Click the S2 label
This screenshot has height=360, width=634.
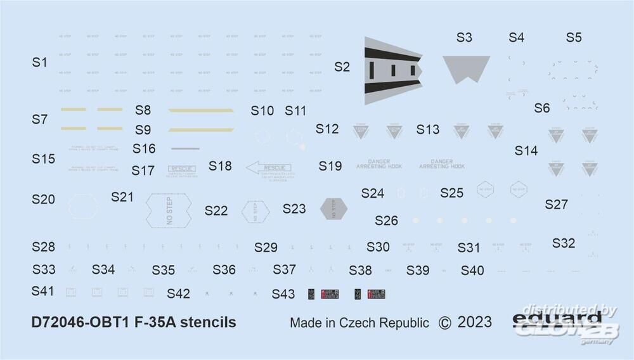(x=342, y=67)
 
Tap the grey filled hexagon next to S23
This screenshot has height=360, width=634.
(x=334, y=208)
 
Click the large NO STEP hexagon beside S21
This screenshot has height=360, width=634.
(x=169, y=209)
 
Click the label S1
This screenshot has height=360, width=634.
(x=40, y=62)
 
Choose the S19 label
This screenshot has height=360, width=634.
(x=330, y=166)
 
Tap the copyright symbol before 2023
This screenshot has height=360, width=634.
(x=444, y=323)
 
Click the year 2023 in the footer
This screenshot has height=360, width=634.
(x=475, y=322)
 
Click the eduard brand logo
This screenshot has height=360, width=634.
(x=556, y=318)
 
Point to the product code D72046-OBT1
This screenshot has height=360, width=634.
(x=84, y=322)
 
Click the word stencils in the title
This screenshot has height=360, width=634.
(x=207, y=322)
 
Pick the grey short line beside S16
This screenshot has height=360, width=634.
(x=185, y=149)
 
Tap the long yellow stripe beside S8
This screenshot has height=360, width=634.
(x=200, y=110)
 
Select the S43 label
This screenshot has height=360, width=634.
(x=283, y=294)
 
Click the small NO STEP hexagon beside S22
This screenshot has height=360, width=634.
(x=256, y=210)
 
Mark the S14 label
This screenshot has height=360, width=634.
(x=526, y=151)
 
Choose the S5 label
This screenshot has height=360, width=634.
(x=574, y=37)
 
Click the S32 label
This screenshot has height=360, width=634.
(x=564, y=243)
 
